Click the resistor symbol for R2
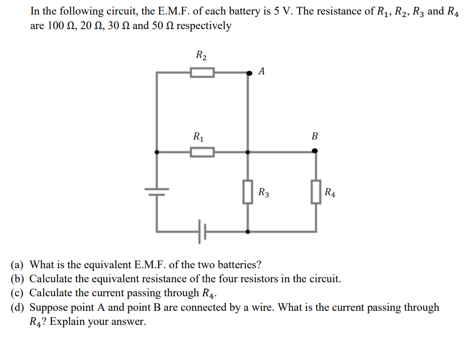[x=202, y=73]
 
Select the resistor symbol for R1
[x=202, y=151]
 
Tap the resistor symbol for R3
[x=248, y=192]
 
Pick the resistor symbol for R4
[x=315, y=192]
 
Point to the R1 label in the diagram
[x=199, y=136]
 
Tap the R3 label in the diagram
[x=264, y=192]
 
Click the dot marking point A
[x=248, y=73]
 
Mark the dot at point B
[x=315, y=150]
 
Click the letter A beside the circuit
[x=262, y=71]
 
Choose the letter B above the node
[x=314, y=136]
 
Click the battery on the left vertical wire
[x=157, y=191]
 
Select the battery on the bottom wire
[x=202, y=232]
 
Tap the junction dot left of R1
[x=157, y=151]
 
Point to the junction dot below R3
[x=248, y=232]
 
